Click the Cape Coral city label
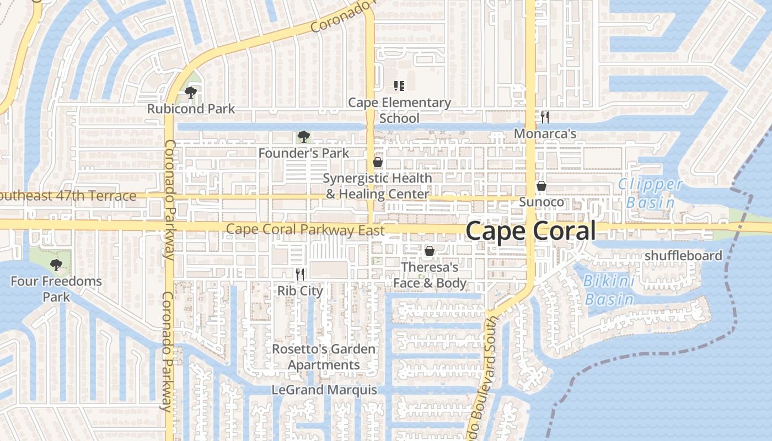(x=530, y=231)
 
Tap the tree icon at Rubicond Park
(x=191, y=92)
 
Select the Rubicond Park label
(x=191, y=109)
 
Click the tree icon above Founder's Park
(x=303, y=137)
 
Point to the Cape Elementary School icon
(x=399, y=85)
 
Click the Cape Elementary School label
(x=400, y=110)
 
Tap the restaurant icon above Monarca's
(x=545, y=117)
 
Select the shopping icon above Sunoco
(x=542, y=186)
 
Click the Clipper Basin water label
(x=651, y=193)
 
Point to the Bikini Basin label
(x=609, y=290)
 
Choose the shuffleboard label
(x=683, y=256)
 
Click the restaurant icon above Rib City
(x=300, y=274)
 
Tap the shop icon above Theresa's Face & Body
(x=430, y=251)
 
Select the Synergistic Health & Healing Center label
(x=377, y=186)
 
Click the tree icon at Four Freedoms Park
(x=55, y=265)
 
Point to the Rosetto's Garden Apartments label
(x=324, y=357)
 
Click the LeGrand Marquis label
(x=324, y=390)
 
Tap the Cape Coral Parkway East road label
(x=305, y=230)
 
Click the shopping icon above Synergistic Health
(x=378, y=162)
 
